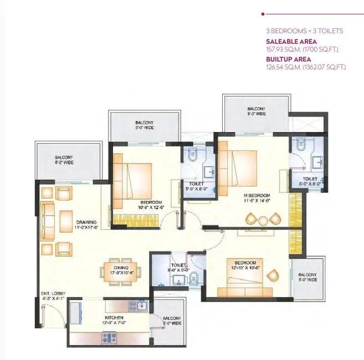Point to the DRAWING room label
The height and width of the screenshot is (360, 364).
86,222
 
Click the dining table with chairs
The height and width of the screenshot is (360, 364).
120,271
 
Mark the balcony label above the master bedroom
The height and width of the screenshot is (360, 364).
256,111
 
